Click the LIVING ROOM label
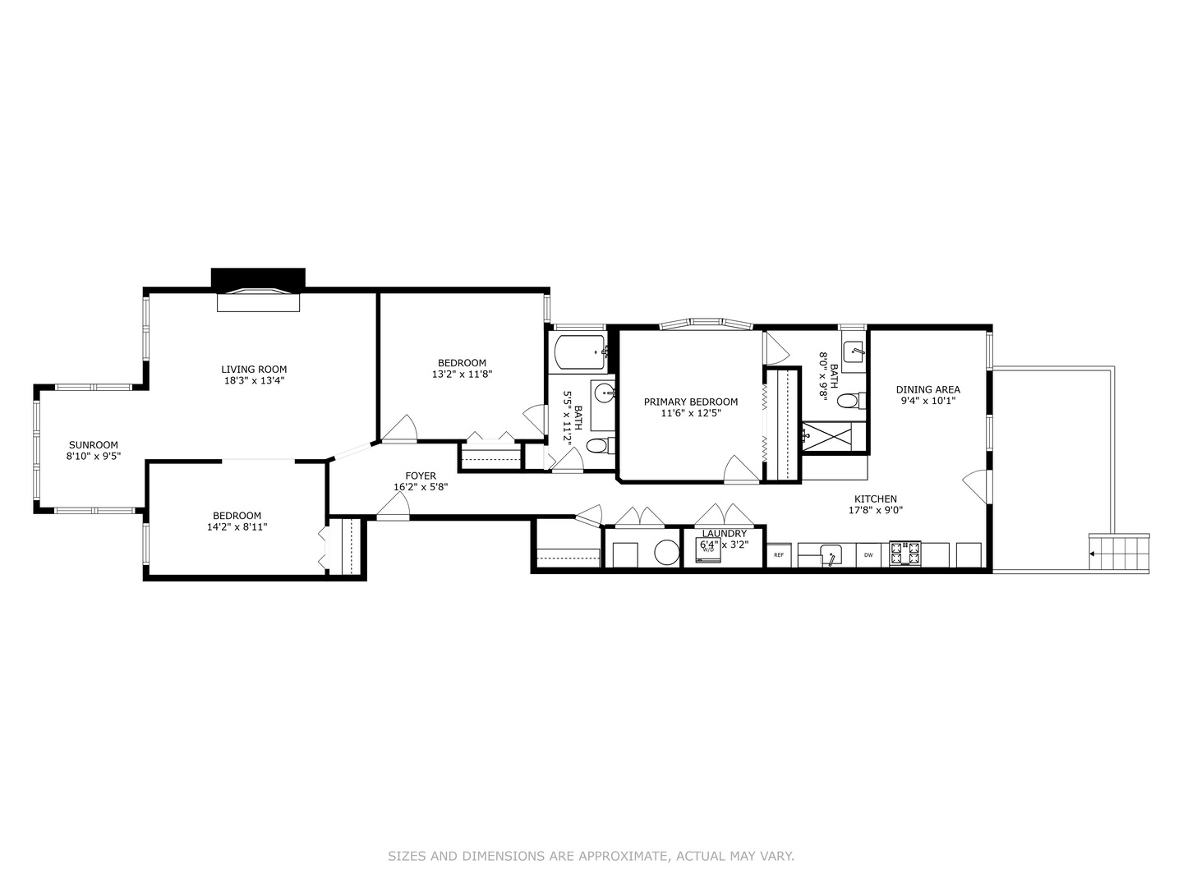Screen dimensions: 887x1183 point(254,370)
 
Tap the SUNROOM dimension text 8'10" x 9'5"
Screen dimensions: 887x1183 point(94,456)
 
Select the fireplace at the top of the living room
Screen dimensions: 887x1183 point(258,299)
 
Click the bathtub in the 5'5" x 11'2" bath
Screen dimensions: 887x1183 point(580,352)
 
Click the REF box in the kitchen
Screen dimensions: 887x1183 point(779,555)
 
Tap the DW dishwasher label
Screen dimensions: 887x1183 point(868,555)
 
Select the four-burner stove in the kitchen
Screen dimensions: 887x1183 point(905,554)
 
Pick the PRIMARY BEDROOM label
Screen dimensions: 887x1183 point(690,402)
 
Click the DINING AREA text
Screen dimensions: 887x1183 point(928,389)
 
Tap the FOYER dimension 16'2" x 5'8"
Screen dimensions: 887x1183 point(420,487)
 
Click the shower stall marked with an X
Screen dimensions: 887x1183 point(833,435)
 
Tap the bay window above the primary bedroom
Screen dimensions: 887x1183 point(707,324)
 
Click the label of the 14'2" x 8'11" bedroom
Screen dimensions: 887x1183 point(237,516)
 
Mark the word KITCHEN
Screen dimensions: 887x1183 point(875,499)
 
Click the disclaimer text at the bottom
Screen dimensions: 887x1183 point(591,856)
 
